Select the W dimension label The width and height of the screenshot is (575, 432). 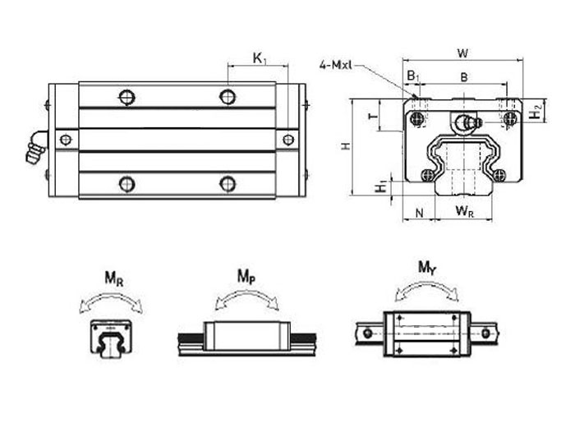coord(463,53)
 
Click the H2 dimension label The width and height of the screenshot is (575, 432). coord(535,111)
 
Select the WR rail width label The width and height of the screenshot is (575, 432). coord(463,213)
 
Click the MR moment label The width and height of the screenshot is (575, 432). coord(114,278)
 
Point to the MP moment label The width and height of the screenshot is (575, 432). coord(246,276)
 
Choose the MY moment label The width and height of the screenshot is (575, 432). coord(427,268)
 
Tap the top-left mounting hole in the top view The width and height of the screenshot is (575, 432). coord(126,98)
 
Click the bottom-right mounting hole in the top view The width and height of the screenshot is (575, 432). coord(228,183)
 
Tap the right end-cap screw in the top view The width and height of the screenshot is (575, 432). coord(287,140)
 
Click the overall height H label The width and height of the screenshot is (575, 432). coord(346,146)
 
